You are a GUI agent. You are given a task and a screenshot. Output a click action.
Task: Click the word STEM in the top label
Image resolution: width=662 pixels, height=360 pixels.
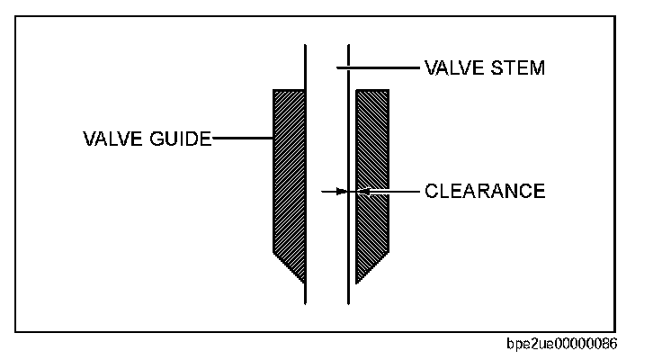click(518, 67)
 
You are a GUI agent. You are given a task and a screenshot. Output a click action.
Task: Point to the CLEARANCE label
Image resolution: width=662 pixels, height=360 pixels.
click(484, 191)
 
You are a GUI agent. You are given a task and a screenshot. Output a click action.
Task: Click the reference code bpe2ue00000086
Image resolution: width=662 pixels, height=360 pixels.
click(562, 345)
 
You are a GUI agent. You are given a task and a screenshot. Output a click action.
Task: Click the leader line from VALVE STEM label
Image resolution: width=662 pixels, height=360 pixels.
click(378, 67)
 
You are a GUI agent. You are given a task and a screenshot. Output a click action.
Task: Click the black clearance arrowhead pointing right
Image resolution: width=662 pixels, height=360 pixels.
click(343, 191)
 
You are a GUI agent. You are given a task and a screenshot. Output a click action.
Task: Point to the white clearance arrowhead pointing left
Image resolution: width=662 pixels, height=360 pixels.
click(362, 191)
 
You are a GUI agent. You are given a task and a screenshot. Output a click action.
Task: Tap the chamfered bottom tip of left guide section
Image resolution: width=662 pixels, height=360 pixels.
click(292, 270)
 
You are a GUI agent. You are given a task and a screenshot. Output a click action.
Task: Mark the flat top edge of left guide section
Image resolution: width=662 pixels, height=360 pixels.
click(289, 89)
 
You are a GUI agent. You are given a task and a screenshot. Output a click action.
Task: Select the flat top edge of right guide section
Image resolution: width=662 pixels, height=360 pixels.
click(372, 89)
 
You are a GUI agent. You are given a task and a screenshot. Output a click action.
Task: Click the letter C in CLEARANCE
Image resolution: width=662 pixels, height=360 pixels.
click(430, 191)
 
